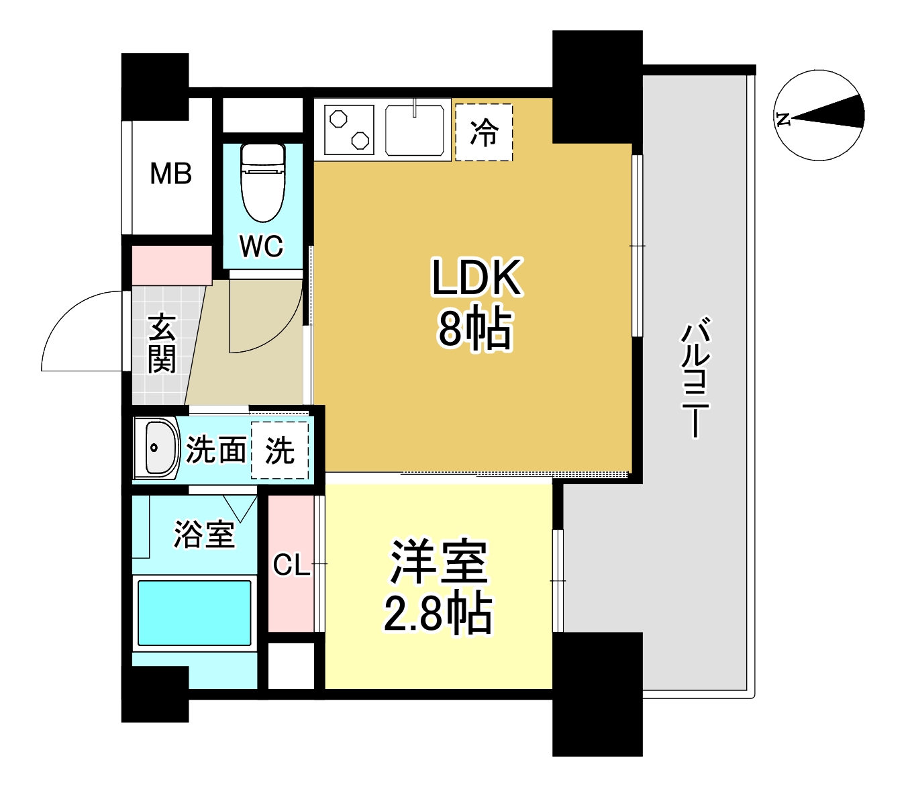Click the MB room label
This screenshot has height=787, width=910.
pos(170,174)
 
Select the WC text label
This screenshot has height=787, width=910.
pos(262,246)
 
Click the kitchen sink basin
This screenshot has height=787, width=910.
pos(415,131)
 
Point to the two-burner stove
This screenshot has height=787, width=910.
pos(349,129)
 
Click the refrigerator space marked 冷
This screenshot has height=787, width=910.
pos(484,132)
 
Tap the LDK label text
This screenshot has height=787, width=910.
pos(476,277)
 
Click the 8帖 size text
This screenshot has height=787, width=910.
pos(476,328)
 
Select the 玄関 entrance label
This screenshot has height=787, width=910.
pos(162,343)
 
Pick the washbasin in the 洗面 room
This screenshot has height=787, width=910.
pos(158,448)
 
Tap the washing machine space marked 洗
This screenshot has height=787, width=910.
pos(280,450)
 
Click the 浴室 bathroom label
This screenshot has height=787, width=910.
pos(204,534)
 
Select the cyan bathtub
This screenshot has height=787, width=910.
pos(195,612)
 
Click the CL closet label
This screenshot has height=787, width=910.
pos(291,565)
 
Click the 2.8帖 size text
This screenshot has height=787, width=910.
pos(438,612)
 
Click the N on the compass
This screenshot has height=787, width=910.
pos(782,120)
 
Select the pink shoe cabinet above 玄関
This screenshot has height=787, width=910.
pos(172,265)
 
